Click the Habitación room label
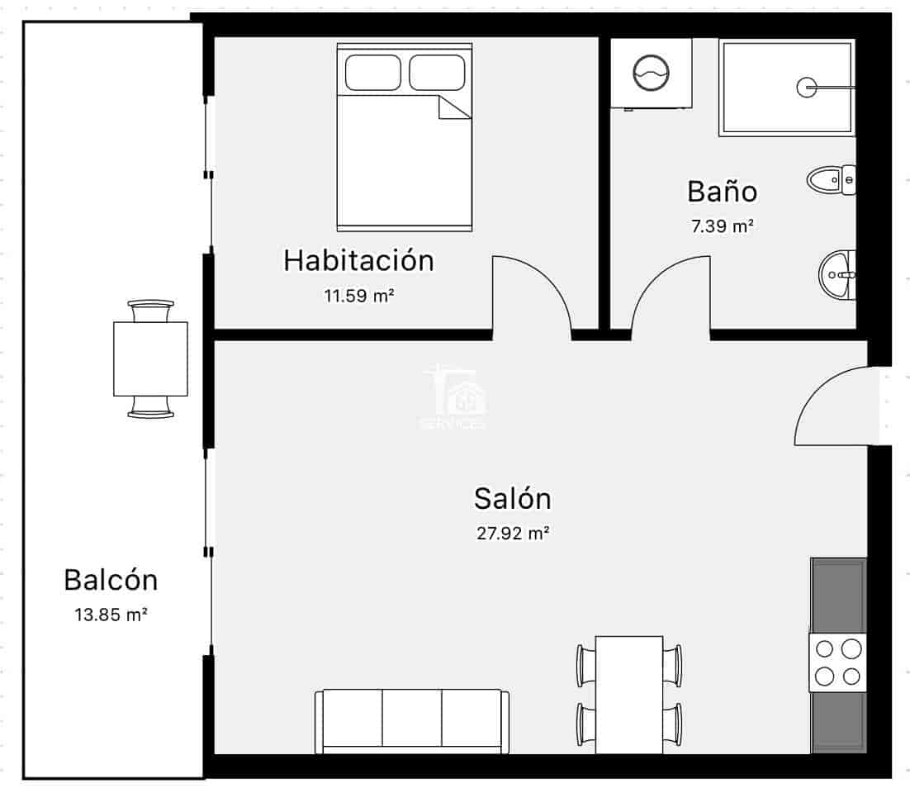click(x=358, y=260)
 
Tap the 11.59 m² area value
click(x=358, y=295)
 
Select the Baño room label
click(x=722, y=192)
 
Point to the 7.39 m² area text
click(x=723, y=226)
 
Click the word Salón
click(x=512, y=499)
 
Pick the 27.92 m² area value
click(x=513, y=534)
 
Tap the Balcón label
click(x=111, y=580)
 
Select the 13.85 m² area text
click(x=111, y=615)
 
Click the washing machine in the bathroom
click(x=651, y=74)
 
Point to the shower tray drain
click(x=806, y=86)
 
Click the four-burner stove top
click(x=837, y=662)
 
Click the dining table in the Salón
click(x=629, y=694)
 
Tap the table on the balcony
click(x=150, y=359)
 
